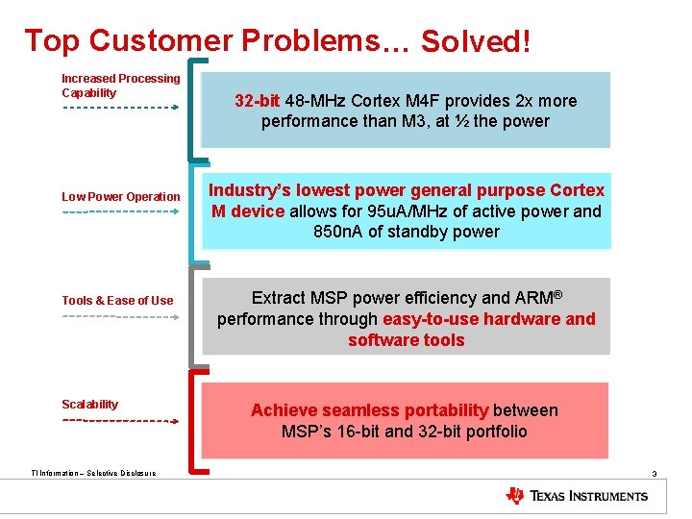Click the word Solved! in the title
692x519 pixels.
(x=476, y=42)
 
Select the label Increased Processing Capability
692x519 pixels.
(x=120, y=86)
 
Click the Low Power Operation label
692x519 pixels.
(x=120, y=197)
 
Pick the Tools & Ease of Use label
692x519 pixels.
(x=117, y=301)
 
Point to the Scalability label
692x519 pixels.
(x=89, y=405)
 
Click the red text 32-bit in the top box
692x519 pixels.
(x=258, y=101)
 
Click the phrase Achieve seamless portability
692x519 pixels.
(x=370, y=410)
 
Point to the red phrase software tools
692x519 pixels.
(x=406, y=340)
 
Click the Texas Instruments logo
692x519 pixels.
(x=577, y=496)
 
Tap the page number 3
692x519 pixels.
(x=654, y=474)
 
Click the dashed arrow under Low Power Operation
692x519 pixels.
(x=120, y=211)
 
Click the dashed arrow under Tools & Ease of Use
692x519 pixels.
(x=120, y=315)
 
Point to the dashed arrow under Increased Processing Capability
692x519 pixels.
(x=120, y=108)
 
